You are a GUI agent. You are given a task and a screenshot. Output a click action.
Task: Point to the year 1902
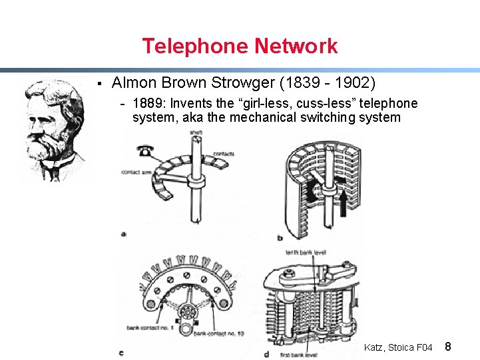353,83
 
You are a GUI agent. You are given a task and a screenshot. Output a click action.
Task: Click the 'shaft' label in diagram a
196,133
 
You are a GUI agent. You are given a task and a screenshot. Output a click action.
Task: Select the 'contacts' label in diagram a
223,154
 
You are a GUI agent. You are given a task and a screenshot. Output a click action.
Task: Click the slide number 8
448,347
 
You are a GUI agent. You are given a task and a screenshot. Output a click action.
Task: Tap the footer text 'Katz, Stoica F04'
398,347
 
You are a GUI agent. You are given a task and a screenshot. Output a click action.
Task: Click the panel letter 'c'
120,353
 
